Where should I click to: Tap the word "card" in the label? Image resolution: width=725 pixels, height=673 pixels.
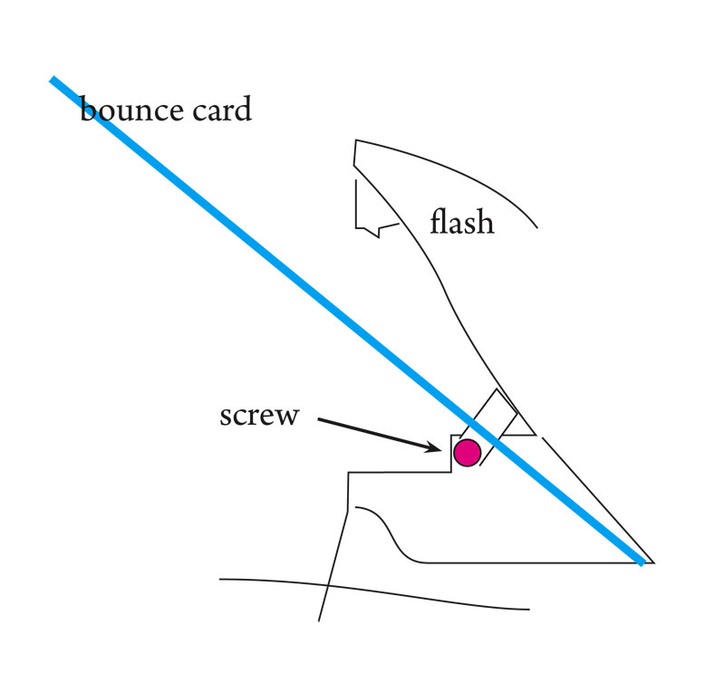pyautogui.click(x=220, y=111)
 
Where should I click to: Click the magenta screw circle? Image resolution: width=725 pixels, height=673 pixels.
pyautogui.click(x=467, y=453)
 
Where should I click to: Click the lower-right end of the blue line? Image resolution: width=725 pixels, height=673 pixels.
pyautogui.click(x=642, y=562)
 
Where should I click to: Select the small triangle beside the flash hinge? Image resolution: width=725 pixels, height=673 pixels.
pyautogui.click(x=517, y=427)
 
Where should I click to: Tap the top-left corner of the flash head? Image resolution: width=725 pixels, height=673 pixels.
pyautogui.click(x=355, y=140)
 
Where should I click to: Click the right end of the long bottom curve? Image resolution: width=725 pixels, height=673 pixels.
pyautogui.click(x=528, y=608)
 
